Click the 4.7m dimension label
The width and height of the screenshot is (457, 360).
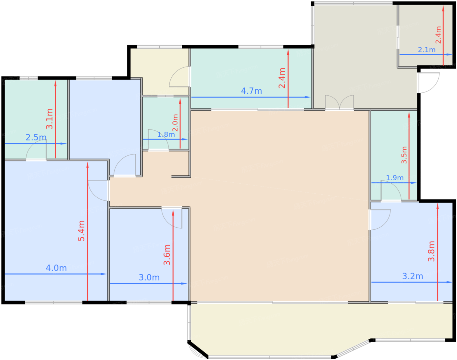point(251,91)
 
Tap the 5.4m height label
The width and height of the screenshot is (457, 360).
point(81,231)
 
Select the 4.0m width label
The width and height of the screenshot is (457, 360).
point(56,268)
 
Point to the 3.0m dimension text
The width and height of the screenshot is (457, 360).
point(149,277)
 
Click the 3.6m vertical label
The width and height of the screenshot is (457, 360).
point(167,254)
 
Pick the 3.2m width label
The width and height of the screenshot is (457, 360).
point(413,276)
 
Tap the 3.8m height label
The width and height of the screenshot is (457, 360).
point(431,251)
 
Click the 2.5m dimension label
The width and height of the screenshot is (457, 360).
point(36,137)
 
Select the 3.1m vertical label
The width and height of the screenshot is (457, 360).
point(49,119)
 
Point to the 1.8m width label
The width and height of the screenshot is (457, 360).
point(166,134)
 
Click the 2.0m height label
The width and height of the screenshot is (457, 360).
point(175,123)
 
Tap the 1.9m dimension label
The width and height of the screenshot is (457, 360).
point(395,178)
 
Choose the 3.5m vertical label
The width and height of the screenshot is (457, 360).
point(404,155)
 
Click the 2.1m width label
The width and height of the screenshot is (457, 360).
point(427,50)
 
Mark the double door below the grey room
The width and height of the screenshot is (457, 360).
point(339,103)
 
